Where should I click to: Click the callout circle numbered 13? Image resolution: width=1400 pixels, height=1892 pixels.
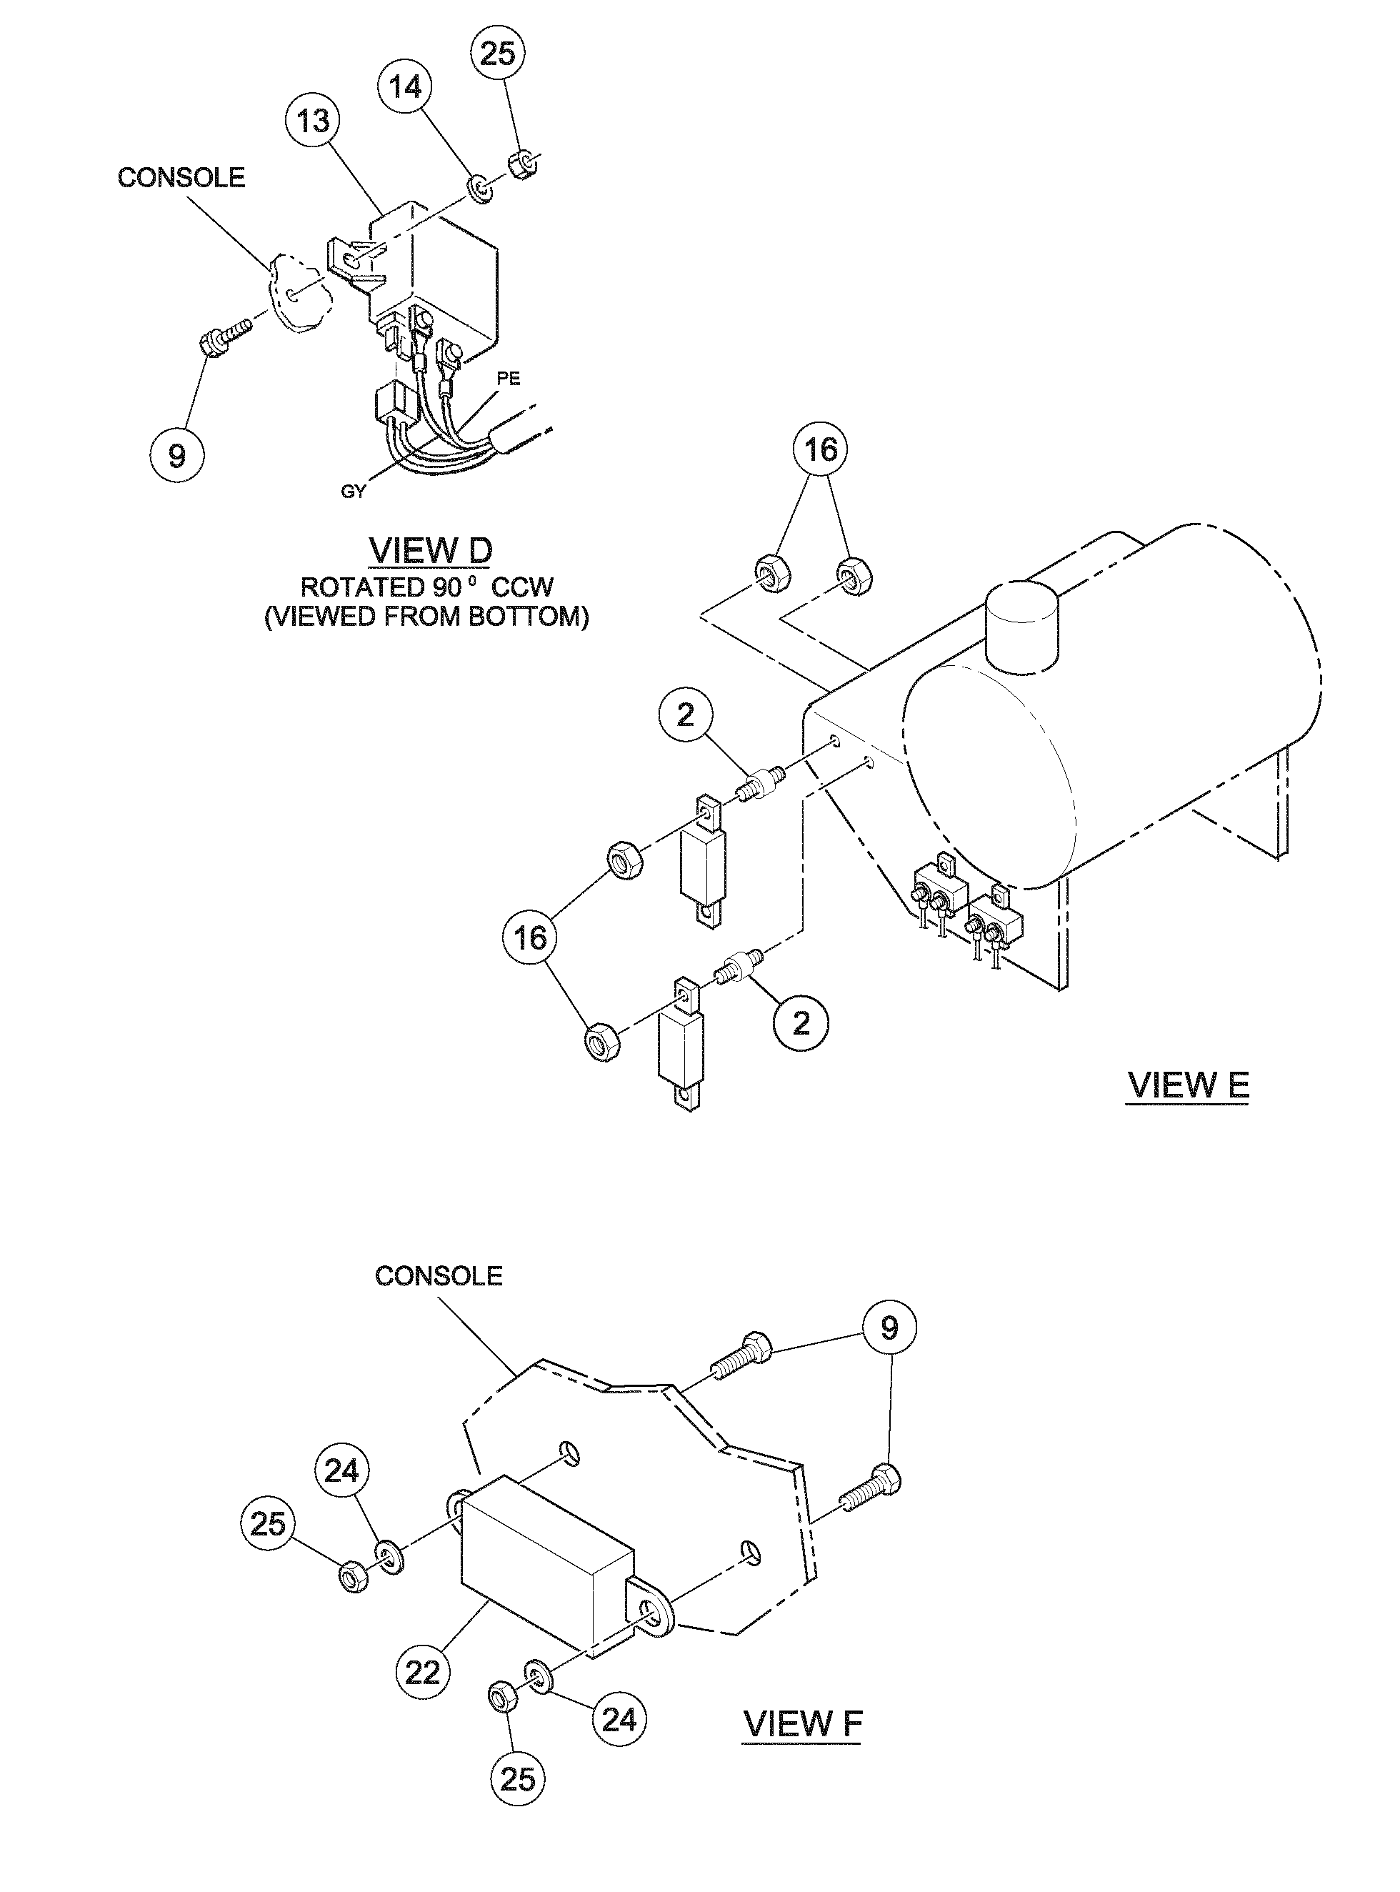tap(313, 121)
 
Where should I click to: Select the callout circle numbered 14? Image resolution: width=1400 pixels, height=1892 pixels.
tap(405, 86)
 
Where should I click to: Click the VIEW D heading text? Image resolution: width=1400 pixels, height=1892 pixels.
tap(431, 551)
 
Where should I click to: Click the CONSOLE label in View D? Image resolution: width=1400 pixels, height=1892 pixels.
tap(181, 177)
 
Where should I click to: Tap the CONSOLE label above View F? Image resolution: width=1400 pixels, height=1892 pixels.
tap(438, 1276)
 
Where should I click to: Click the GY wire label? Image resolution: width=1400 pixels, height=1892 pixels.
tap(353, 492)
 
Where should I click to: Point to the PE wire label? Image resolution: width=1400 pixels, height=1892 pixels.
tap(509, 379)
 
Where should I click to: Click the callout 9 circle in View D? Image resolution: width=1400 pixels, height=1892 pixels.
tap(176, 456)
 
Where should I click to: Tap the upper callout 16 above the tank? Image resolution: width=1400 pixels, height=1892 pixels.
tap(820, 449)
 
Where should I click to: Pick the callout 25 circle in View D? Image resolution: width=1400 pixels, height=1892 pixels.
tap(497, 53)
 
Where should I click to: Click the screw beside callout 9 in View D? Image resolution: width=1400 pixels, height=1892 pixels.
tap(224, 333)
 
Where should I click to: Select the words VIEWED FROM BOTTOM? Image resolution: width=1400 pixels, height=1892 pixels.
tap(426, 616)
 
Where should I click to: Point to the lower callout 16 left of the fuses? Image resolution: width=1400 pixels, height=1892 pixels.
tap(531, 937)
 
